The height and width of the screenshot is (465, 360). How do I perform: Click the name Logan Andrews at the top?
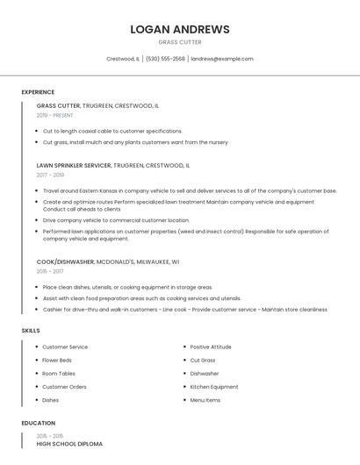pos(179,29)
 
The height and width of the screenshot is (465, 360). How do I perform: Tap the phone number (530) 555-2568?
pos(165,59)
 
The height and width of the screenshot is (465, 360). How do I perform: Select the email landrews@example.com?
pos(222,59)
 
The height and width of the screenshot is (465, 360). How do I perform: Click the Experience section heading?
pos(38,92)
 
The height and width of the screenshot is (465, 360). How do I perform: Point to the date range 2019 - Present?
pos(55,115)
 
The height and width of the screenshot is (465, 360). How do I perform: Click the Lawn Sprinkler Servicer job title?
pos(74,165)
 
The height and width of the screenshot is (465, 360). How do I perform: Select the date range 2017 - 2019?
pos(51,175)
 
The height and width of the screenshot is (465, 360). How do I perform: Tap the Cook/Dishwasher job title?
pos(66,261)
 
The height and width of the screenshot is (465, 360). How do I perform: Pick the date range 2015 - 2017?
pos(51,271)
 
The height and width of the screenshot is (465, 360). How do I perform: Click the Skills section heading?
pos(31,330)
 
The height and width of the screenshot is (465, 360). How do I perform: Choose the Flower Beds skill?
pos(57,361)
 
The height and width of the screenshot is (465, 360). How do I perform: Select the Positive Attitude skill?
pos(211,347)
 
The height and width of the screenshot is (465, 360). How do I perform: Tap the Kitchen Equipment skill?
pos(214,387)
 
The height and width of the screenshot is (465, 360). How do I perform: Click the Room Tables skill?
pos(59,374)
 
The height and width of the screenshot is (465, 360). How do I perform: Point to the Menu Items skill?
pos(205,400)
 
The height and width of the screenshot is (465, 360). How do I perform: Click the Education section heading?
pos(39,423)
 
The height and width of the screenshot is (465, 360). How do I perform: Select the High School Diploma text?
pos(69,444)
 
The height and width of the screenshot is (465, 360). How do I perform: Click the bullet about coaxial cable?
pos(112,131)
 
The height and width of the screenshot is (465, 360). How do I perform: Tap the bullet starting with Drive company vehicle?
pos(116,220)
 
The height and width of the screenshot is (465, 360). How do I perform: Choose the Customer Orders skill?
pos(64,387)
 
